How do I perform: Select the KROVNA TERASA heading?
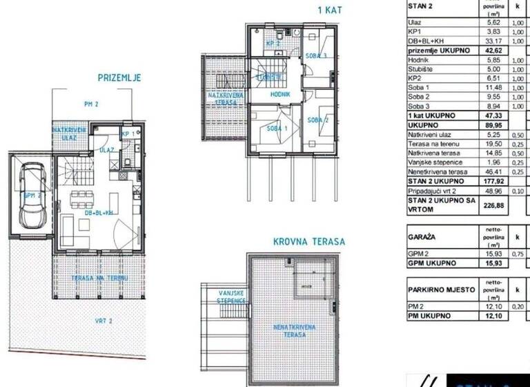(308, 242)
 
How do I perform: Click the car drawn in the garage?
(31, 197)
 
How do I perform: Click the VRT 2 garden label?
(104, 321)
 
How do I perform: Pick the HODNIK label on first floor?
(280, 94)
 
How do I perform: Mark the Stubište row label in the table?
(421, 69)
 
